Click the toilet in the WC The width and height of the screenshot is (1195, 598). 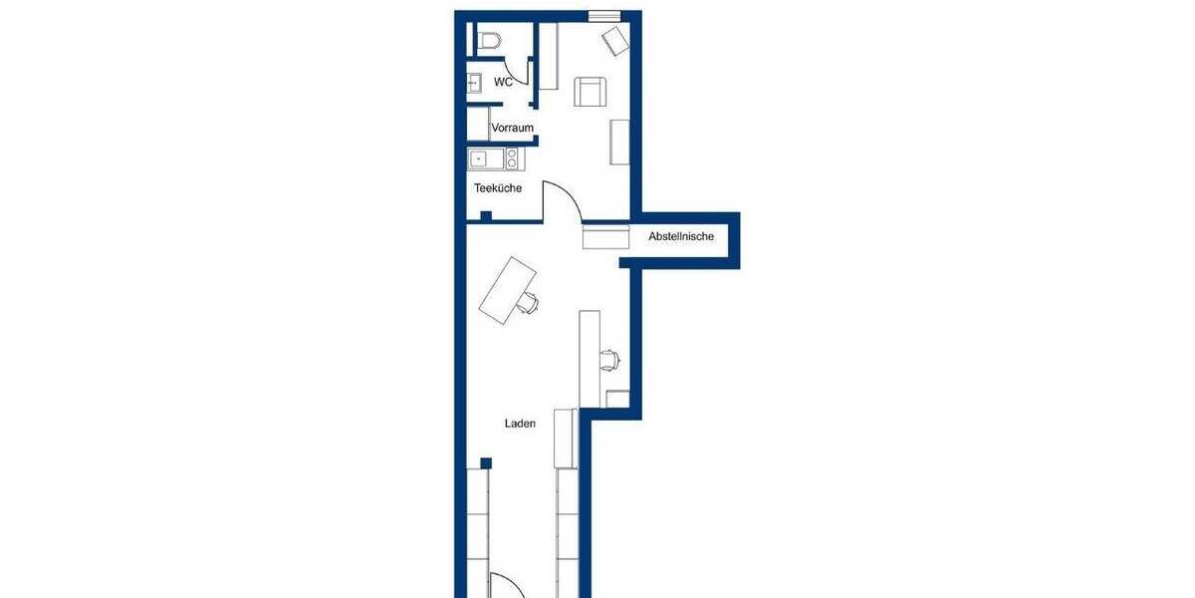[489, 41]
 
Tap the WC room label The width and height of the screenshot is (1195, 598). [504, 83]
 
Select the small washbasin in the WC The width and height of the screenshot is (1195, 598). [474, 84]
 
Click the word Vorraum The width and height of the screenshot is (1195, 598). [513, 128]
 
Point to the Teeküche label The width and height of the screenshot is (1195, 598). [498, 188]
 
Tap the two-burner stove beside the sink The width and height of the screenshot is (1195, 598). [513, 158]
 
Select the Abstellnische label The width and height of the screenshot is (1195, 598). [681, 237]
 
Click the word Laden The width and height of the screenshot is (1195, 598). [520, 424]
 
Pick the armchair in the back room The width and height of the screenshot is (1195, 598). [591, 92]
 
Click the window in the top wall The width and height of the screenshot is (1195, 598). [601, 15]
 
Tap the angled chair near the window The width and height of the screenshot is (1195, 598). [615, 41]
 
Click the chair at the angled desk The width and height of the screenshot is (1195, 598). [529, 303]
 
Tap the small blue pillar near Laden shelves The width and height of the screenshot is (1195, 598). [485, 462]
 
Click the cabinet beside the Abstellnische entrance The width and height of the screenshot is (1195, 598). [606, 236]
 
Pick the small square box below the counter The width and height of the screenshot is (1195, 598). [617, 400]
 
